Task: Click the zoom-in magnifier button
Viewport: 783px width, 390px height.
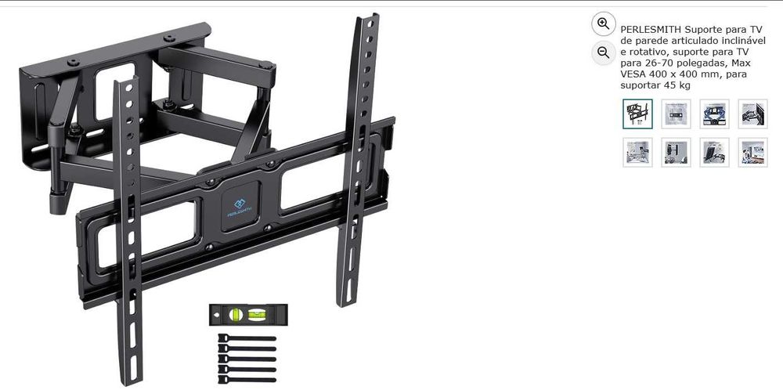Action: coord(603,23)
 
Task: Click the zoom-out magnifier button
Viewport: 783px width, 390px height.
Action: coord(603,52)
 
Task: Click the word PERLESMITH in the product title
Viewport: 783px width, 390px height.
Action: coord(647,28)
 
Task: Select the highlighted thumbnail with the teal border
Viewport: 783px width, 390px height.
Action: coord(637,114)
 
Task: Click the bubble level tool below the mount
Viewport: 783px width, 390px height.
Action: coord(247,314)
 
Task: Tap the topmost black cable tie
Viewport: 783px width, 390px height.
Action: coord(247,338)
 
